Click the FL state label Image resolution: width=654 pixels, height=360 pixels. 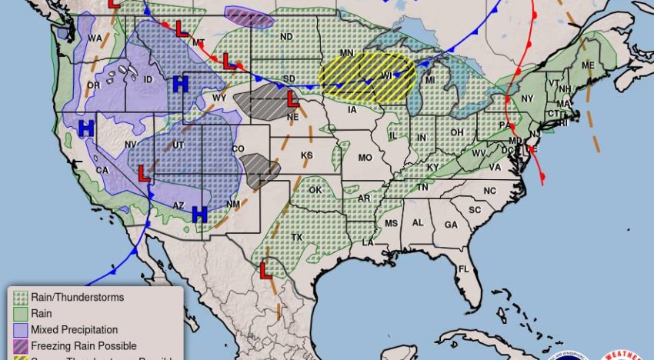(463, 269)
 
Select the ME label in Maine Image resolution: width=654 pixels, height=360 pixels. (589, 65)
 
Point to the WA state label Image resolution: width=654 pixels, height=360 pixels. (95, 38)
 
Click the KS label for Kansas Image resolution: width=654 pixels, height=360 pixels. (307, 155)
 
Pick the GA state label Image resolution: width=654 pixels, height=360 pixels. (451, 224)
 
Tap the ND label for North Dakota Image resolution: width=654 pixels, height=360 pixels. (286, 37)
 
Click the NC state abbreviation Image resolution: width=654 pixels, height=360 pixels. (490, 191)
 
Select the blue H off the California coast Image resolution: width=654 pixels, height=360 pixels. (86, 128)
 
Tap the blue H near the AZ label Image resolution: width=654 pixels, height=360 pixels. (200, 213)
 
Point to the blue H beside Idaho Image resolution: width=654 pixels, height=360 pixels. (181, 84)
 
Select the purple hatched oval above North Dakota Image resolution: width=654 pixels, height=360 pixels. (249, 17)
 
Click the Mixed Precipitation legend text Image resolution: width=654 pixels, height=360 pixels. (75, 330)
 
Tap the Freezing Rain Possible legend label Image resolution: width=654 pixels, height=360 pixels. (84, 346)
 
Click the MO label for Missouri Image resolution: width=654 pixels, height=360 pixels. (365, 158)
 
